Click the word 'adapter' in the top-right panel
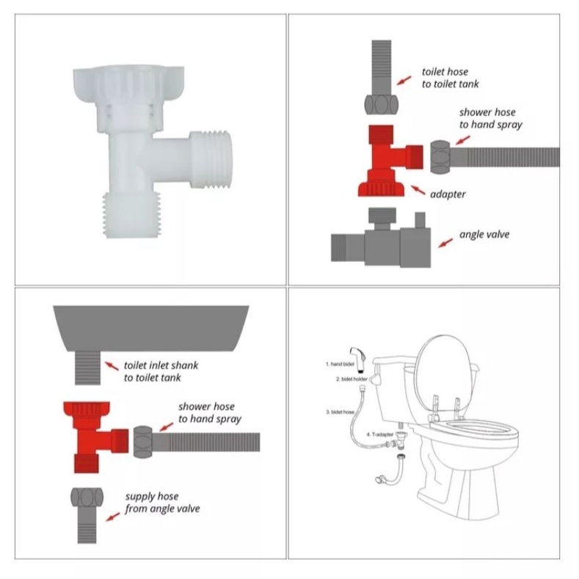(x=448, y=194)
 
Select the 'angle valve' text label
(x=484, y=235)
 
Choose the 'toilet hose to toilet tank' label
(x=450, y=79)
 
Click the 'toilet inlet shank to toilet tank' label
(x=161, y=371)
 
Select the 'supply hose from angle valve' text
(x=161, y=503)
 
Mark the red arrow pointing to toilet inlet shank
(x=112, y=365)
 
